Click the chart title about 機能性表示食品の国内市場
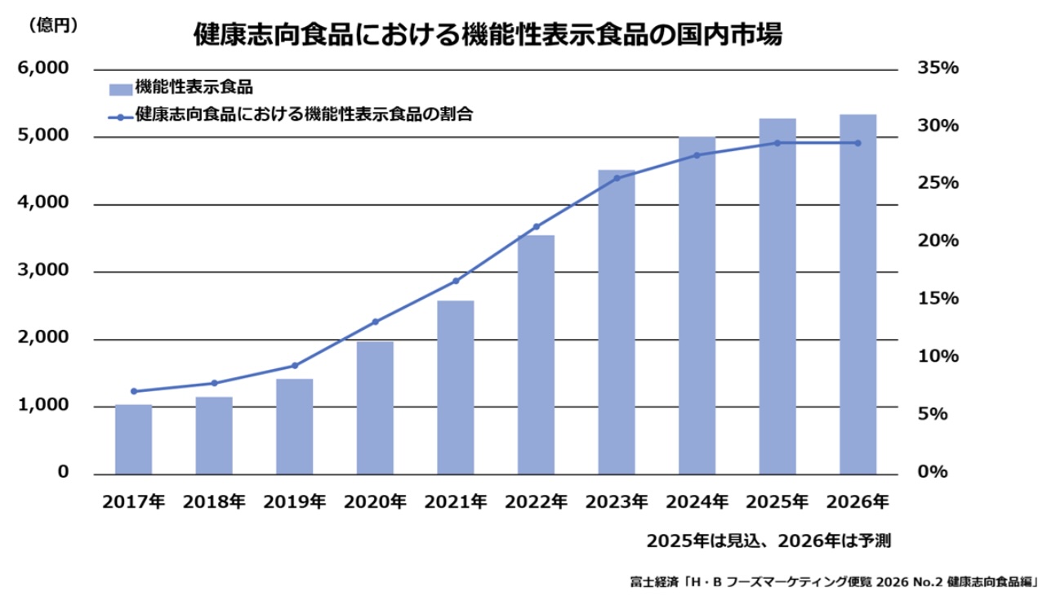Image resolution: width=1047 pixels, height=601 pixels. (488, 34)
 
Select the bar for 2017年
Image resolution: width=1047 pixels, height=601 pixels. (133, 439)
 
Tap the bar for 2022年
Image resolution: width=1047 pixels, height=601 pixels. (537, 354)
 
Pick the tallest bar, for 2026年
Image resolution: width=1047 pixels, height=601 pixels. (858, 294)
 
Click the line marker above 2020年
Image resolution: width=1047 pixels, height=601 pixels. (376, 322)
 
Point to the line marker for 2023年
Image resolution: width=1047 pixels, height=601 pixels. (617, 177)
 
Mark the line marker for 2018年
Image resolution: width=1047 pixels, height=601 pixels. (214, 383)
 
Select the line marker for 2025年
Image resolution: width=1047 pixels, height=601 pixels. (777, 143)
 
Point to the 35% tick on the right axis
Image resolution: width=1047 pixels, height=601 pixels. (937, 69)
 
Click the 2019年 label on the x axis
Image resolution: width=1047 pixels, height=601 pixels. (295, 501)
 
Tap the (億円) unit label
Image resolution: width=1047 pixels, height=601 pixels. (53, 26)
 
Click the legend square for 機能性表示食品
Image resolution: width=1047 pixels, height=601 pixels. (120, 88)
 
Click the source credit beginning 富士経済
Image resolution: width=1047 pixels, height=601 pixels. (833, 582)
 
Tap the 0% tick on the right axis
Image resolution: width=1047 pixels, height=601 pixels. (933, 473)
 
